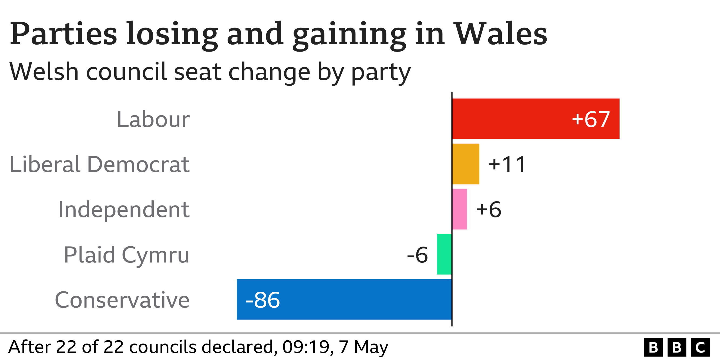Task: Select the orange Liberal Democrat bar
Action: coord(466,164)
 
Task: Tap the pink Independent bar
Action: coord(459,209)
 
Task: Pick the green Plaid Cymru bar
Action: coord(444,254)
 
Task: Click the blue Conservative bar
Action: coord(363,299)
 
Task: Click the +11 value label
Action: coord(507,164)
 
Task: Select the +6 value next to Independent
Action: coord(489,209)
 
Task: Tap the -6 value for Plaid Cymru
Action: coord(417,255)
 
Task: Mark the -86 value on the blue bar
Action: coord(263,300)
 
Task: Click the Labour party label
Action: coord(153,119)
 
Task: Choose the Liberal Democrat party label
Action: coord(99,164)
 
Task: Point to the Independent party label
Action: coord(124,210)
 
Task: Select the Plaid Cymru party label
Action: coord(127,255)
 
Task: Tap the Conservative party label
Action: coord(122,300)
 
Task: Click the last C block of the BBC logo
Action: coord(700,347)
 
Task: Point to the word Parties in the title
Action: coord(63,33)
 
